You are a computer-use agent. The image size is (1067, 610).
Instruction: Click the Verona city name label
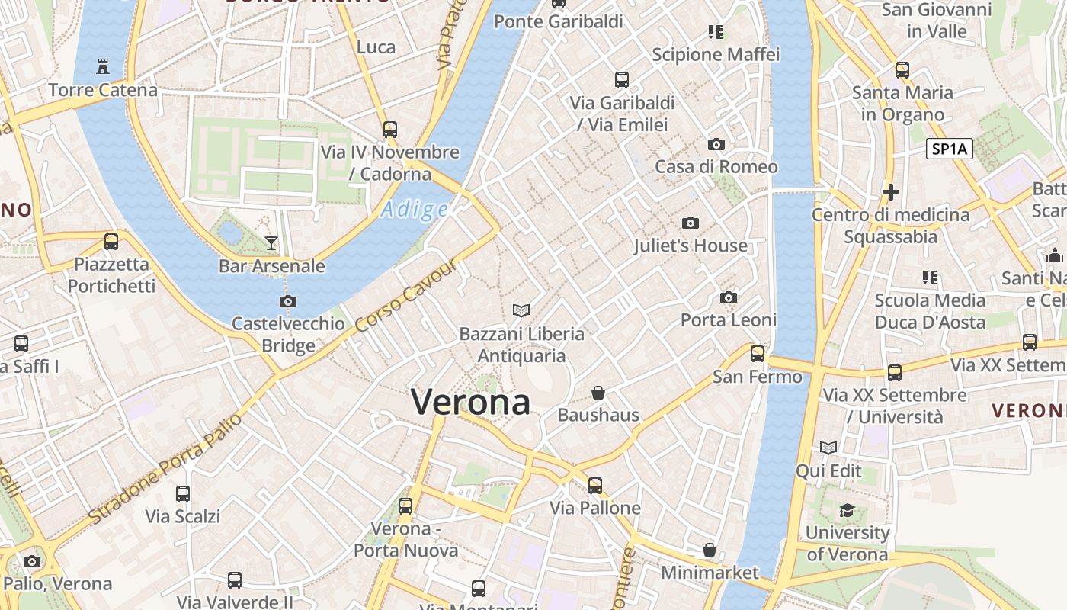click(x=470, y=402)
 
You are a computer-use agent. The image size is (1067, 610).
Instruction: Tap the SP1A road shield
click(x=950, y=149)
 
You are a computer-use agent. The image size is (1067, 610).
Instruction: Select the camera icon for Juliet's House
click(x=691, y=223)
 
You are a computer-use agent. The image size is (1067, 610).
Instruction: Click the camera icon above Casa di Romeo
click(x=716, y=144)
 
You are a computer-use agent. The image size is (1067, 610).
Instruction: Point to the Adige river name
click(x=415, y=209)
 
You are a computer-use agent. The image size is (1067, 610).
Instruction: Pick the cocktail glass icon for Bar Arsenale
click(x=271, y=243)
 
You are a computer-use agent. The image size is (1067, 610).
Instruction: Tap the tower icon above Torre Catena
click(x=103, y=67)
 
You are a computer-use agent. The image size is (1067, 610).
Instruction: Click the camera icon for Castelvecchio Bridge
click(x=288, y=301)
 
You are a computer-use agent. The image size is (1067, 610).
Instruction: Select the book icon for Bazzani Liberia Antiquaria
click(x=521, y=310)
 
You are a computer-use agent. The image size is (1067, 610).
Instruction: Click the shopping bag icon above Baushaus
click(x=598, y=393)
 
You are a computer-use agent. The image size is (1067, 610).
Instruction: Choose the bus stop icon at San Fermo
click(x=757, y=353)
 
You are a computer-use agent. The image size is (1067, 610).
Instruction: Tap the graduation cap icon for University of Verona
click(x=847, y=509)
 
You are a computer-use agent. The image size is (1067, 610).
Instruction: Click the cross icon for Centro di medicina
click(x=890, y=191)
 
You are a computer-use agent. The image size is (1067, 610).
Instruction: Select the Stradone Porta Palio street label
click(x=165, y=467)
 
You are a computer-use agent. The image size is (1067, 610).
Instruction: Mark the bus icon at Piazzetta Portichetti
click(x=111, y=242)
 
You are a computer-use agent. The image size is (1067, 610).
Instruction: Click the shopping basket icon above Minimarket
click(x=710, y=550)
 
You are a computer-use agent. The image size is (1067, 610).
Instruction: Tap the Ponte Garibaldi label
click(x=559, y=21)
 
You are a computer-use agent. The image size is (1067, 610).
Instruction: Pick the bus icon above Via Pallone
click(x=594, y=485)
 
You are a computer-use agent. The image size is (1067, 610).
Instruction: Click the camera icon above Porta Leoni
click(x=729, y=297)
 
